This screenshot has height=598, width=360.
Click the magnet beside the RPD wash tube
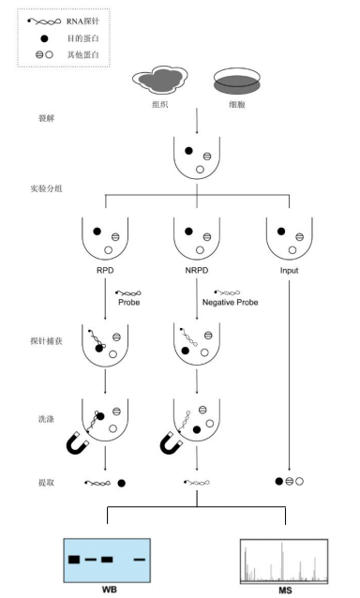click(x=77, y=441)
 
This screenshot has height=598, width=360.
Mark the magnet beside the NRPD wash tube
click(x=171, y=441)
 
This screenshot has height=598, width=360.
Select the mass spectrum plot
click(x=283, y=561)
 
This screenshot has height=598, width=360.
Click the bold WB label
click(x=109, y=591)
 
